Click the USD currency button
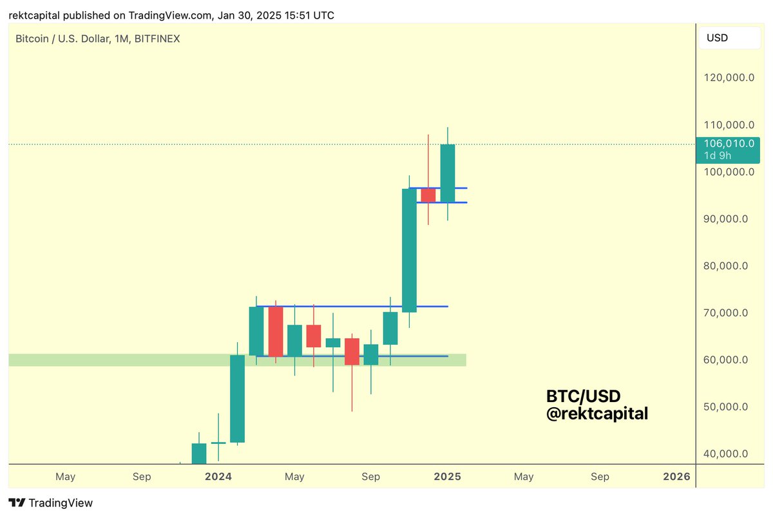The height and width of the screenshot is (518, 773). (729, 38)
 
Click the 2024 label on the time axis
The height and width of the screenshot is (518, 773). (218, 477)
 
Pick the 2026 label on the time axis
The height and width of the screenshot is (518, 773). (676, 477)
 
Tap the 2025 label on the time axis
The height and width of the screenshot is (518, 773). (447, 477)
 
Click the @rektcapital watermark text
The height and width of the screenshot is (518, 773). (596, 414)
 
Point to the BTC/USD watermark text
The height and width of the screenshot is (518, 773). (583, 396)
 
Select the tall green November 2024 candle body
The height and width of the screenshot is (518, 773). (409, 250)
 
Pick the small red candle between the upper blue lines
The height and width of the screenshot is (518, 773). (428, 195)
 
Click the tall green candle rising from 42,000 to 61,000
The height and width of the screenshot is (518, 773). (237, 398)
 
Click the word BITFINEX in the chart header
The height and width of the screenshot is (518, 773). (157, 39)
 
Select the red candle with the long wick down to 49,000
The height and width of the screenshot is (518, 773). (352, 351)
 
